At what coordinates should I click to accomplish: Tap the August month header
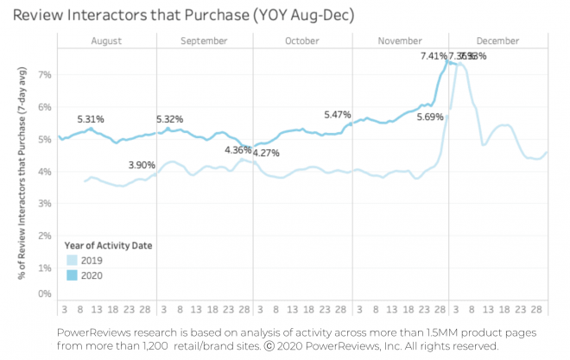click(x=105, y=41)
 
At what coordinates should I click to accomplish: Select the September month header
click(x=205, y=41)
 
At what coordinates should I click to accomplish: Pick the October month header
click(x=302, y=41)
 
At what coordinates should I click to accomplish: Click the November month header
click(x=400, y=41)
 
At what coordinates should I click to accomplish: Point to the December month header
click(x=497, y=41)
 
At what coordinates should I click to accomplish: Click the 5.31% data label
click(x=91, y=119)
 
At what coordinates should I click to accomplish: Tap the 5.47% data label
click(x=337, y=114)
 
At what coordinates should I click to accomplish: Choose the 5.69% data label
click(x=429, y=117)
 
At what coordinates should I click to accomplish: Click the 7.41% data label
click(x=434, y=56)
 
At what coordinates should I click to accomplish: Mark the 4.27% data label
click(x=266, y=153)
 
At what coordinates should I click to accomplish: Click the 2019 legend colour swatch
click(x=72, y=259)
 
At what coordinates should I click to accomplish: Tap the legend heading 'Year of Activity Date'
click(x=110, y=245)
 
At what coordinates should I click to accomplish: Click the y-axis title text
click(x=20, y=177)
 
